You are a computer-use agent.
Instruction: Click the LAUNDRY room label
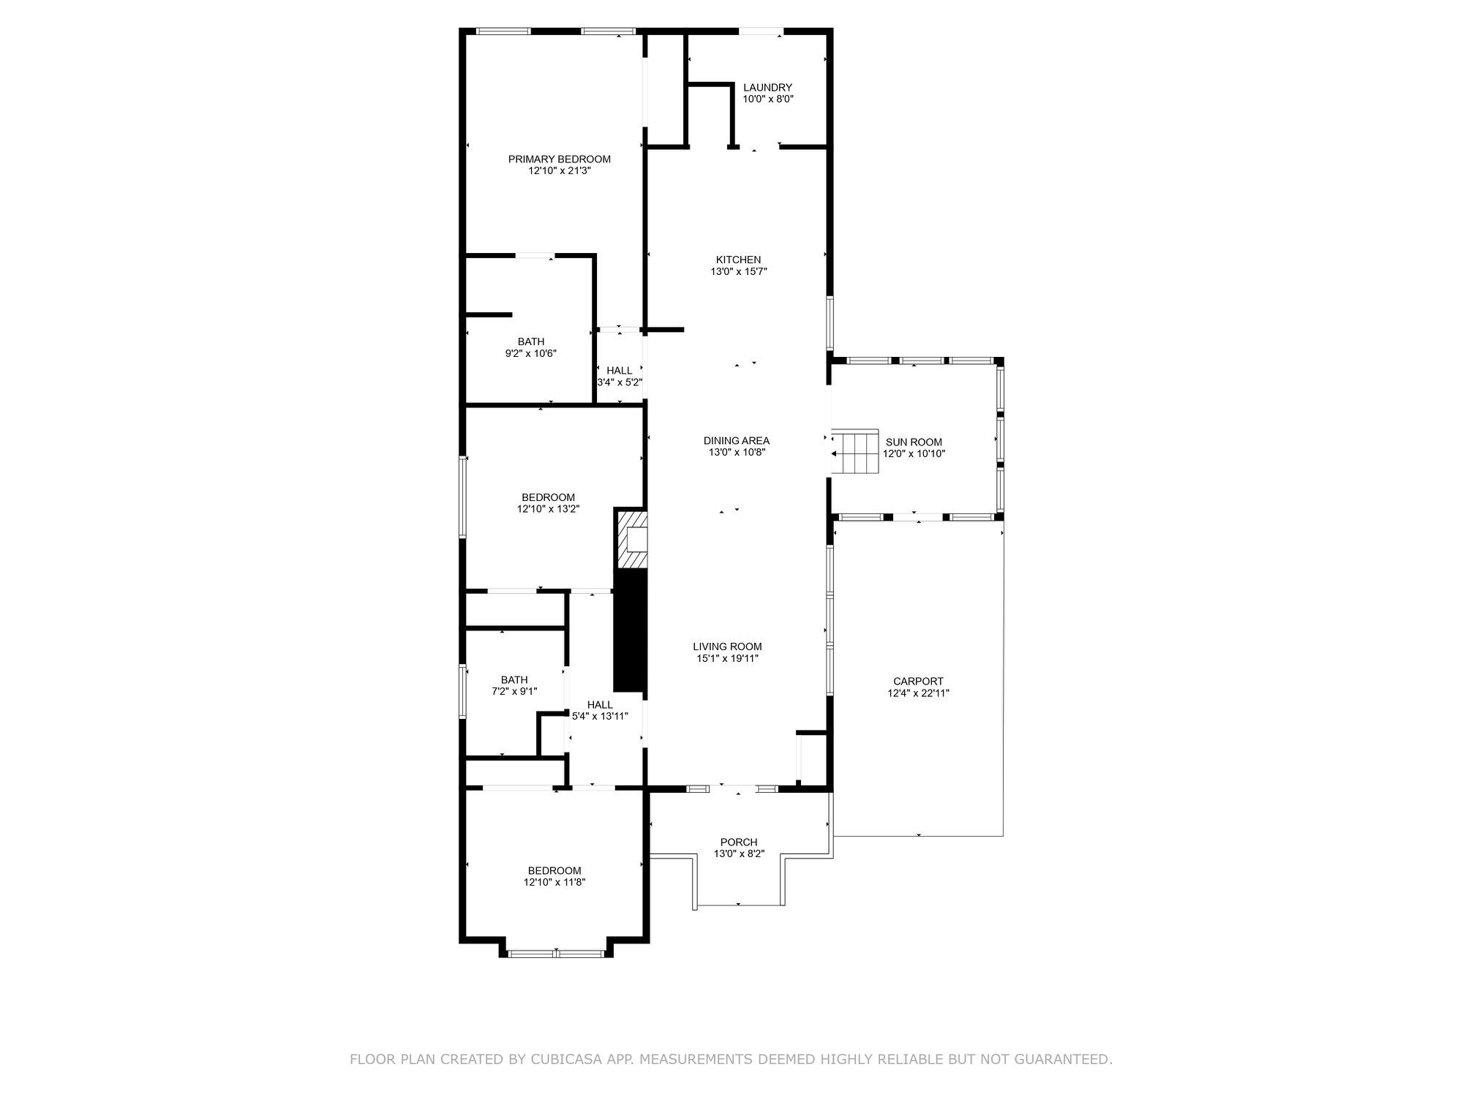tap(767, 88)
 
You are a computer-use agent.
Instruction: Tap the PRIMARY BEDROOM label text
tap(560, 159)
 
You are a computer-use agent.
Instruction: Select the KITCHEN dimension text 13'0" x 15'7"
tap(739, 271)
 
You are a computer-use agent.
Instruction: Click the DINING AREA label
tap(736, 440)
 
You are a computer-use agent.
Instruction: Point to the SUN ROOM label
tap(914, 442)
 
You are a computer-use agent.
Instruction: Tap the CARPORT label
tap(918, 681)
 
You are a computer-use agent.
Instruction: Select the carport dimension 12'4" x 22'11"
tap(918, 693)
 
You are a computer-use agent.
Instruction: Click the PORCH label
tap(739, 842)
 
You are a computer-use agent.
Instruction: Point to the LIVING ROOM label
tap(727, 646)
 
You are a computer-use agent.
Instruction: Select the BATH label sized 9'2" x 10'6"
tap(531, 342)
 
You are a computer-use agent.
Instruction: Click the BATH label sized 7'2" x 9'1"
tap(514, 679)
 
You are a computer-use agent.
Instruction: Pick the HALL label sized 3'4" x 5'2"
tap(619, 371)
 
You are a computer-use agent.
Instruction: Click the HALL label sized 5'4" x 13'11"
tap(600, 705)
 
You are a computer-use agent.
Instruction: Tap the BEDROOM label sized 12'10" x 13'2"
tap(548, 497)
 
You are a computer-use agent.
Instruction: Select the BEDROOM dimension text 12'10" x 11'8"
tap(554, 883)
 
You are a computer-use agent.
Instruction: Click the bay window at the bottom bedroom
tap(556, 953)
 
